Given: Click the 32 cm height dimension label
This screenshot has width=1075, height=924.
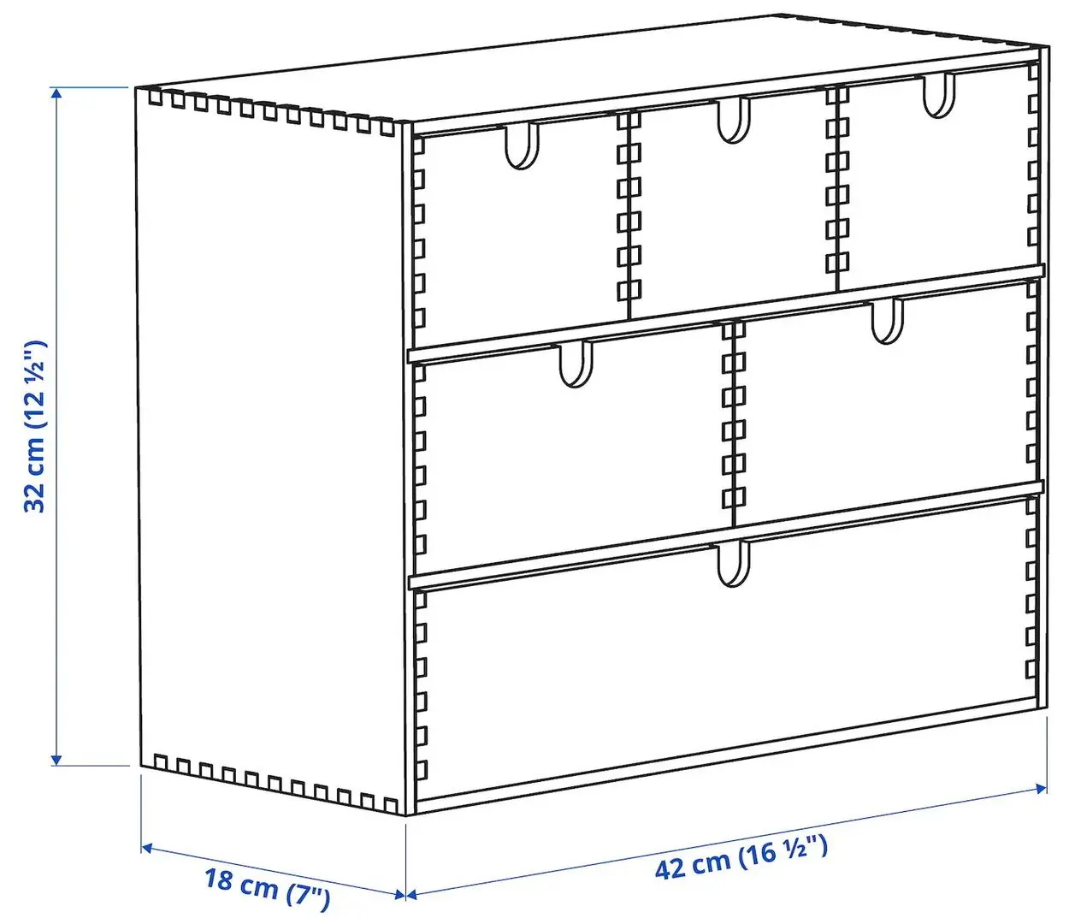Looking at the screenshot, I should click(34, 426).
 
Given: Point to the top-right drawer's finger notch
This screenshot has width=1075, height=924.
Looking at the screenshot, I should click(938, 95).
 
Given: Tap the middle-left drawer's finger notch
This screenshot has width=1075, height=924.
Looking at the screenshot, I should click(576, 364).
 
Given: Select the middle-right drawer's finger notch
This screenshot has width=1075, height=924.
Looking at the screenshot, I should click(887, 321).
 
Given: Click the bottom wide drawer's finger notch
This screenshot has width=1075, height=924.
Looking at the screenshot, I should click(733, 563).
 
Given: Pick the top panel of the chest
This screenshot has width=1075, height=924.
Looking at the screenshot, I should click(590, 77).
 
